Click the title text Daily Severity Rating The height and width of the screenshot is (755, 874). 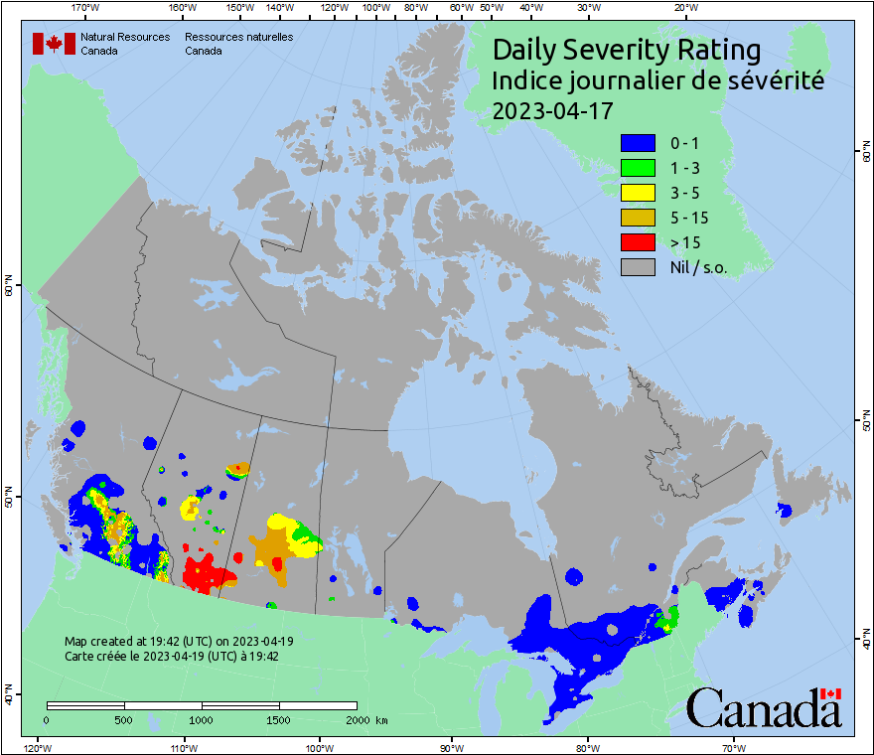click(x=627, y=50)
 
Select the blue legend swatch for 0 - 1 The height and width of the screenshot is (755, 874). click(x=637, y=142)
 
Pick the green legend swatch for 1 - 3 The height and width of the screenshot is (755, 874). click(x=637, y=167)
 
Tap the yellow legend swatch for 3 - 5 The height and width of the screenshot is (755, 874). click(x=637, y=192)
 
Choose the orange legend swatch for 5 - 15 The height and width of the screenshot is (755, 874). click(x=637, y=217)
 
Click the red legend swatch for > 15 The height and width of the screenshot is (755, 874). click(x=637, y=241)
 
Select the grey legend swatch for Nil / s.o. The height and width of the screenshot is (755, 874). click(x=637, y=266)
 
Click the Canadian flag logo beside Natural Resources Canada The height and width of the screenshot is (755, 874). click(x=54, y=43)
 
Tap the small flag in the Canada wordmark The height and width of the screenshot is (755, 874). click(x=830, y=693)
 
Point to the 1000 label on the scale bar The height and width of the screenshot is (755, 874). click(x=202, y=719)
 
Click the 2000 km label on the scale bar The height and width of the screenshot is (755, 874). click(x=365, y=719)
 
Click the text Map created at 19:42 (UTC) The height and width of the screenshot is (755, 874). click(x=179, y=642)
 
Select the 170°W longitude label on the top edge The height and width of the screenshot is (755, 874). click(x=86, y=8)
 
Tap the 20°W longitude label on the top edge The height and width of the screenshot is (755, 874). click(x=684, y=8)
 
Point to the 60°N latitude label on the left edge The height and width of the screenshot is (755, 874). click(x=8, y=287)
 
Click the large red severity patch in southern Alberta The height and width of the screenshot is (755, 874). click(x=207, y=575)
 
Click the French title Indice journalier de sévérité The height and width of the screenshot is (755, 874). click(x=657, y=81)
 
